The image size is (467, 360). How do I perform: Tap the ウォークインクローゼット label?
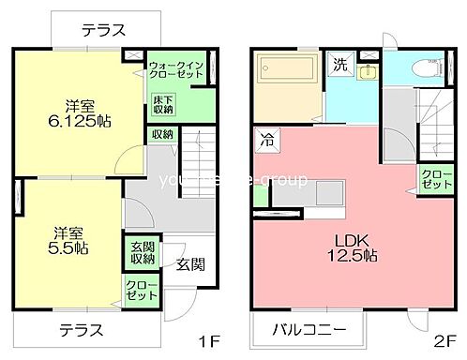(177, 68)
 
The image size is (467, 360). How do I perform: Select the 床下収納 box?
(162, 104)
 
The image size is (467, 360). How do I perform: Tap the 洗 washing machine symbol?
(340, 66)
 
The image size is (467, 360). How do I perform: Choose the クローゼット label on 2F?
(433, 179)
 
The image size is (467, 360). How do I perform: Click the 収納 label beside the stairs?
(161, 134)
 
